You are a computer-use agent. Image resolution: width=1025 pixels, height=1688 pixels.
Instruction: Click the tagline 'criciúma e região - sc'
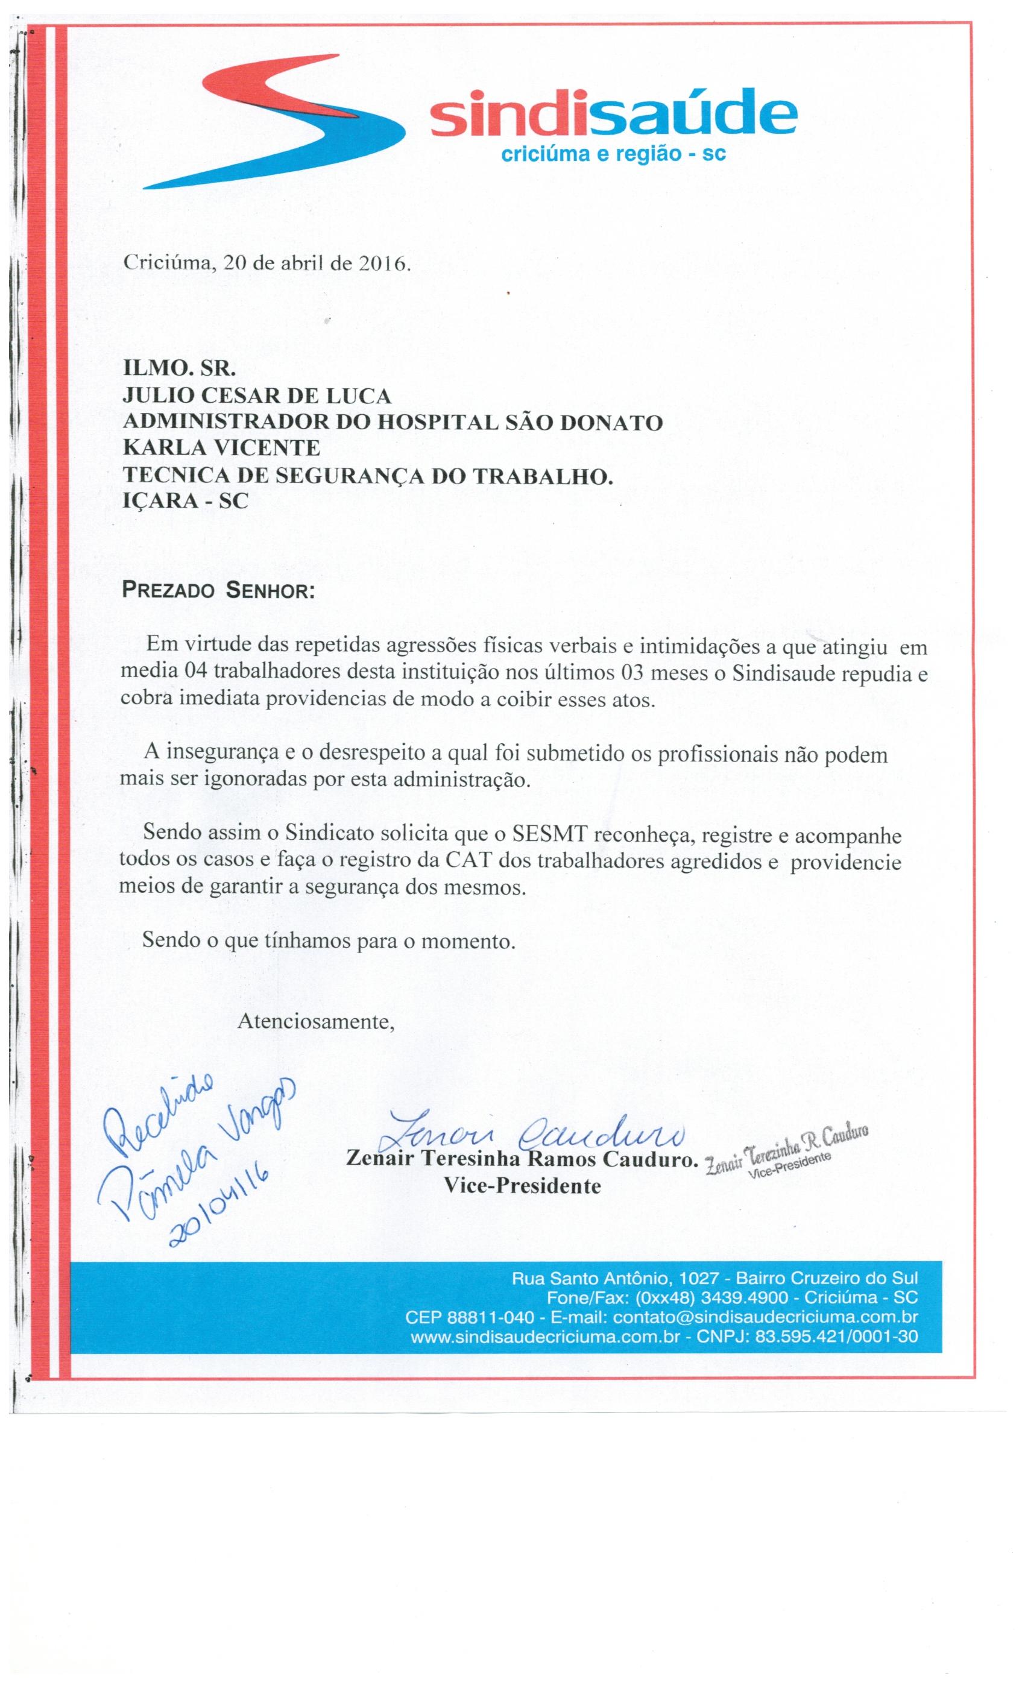(614, 156)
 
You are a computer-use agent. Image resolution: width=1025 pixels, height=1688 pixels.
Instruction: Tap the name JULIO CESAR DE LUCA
(257, 395)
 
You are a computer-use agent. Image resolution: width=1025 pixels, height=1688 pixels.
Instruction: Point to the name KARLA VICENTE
(221, 448)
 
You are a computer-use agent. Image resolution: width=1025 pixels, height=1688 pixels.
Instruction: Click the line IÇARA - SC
(185, 501)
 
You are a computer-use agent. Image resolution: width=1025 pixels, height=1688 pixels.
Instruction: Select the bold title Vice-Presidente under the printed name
(522, 1186)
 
